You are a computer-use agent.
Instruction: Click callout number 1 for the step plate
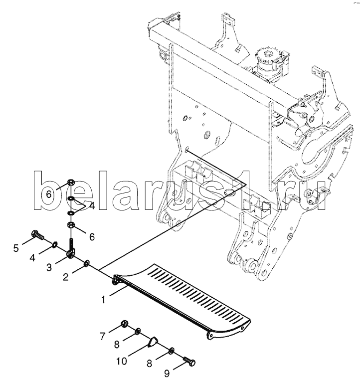(x=104, y=301)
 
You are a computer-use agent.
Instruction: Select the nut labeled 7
(x=125, y=325)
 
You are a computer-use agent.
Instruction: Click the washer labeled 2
(x=87, y=262)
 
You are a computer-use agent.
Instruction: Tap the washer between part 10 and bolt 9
(x=172, y=351)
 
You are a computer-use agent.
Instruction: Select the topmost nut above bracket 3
(x=71, y=183)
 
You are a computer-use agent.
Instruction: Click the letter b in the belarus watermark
(x=47, y=189)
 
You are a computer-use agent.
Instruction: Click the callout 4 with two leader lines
(x=91, y=205)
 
